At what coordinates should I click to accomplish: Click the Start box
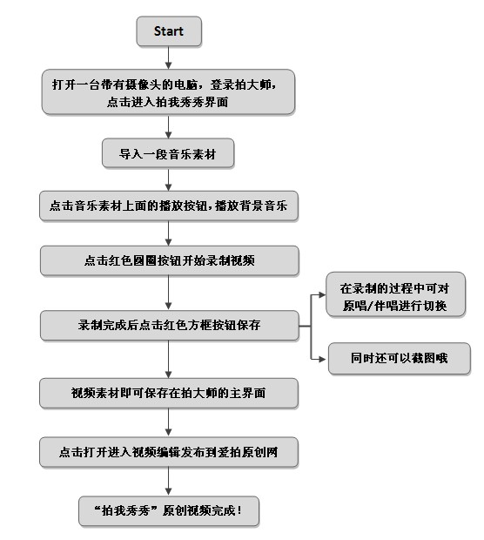click(x=169, y=31)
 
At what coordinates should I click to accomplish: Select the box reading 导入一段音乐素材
click(x=168, y=153)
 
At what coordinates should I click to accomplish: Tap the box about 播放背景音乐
click(x=169, y=206)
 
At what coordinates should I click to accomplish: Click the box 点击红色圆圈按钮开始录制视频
click(x=170, y=260)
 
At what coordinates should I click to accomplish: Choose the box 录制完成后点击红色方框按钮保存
click(x=170, y=326)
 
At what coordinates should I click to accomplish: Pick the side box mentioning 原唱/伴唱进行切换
click(x=395, y=294)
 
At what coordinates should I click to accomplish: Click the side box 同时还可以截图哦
click(x=400, y=358)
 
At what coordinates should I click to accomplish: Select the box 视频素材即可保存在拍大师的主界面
click(x=169, y=394)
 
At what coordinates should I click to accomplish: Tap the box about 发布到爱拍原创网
click(x=169, y=452)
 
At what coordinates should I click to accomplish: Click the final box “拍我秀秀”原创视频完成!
click(x=169, y=511)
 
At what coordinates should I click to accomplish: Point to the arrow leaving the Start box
click(x=168, y=57)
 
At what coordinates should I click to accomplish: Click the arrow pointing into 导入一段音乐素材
click(x=168, y=127)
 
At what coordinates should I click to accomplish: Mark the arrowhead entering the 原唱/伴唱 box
click(x=322, y=294)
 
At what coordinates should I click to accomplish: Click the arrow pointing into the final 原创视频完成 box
click(x=168, y=482)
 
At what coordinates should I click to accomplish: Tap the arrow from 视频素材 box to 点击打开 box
click(x=168, y=422)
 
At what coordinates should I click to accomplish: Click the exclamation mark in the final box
click(x=239, y=510)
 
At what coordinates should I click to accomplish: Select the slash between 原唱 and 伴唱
click(x=370, y=306)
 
